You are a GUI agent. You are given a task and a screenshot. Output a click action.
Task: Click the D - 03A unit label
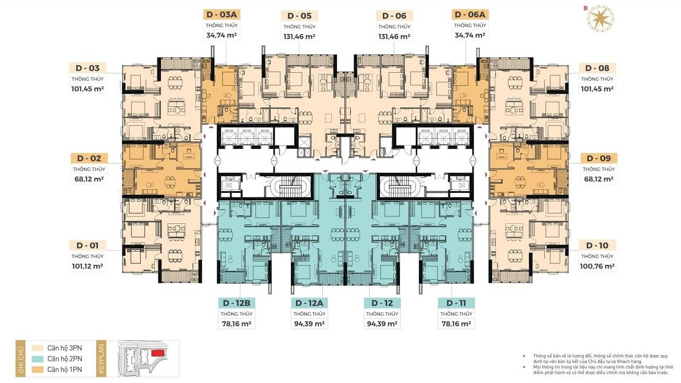click(x=222, y=15)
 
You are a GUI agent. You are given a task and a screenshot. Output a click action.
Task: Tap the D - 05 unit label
click(x=299, y=16)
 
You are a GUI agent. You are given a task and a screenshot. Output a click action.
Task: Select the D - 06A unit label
click(x=470, y=15)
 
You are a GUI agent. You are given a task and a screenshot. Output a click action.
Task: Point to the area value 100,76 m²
click(x=597, y=266)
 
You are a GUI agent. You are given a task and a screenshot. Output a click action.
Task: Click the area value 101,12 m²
click(x=87, y=266)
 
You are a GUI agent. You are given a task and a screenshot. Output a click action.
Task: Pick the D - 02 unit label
click(x=89, y=158)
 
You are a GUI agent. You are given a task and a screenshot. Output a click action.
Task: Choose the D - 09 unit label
click(x=599, y=158)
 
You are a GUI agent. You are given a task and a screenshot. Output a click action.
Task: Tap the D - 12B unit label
click(x=236, y=303)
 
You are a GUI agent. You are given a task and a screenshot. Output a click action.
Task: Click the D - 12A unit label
click(x=309, y=303)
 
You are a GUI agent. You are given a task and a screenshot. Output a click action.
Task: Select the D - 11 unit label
click(x=456, y=303)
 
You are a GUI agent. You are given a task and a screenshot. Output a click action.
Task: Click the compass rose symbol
click(x=600, y=18)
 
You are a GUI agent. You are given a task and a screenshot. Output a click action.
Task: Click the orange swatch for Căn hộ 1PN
click(x=37, y=370)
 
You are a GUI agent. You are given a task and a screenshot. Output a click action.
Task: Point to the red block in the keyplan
click(x=158, y=352)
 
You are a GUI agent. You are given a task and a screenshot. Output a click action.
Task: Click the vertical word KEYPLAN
click(x=102, y=359)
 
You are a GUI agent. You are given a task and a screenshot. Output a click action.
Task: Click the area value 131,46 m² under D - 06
click(x=394, y=37)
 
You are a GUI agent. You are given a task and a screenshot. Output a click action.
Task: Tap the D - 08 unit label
click(x=597, y=68)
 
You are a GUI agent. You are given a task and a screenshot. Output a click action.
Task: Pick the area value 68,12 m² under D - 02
click(x=89, y=179)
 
